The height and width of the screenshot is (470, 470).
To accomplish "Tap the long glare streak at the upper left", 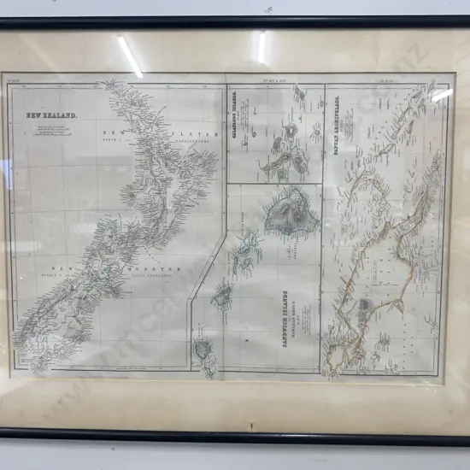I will (x=130, y=56).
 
